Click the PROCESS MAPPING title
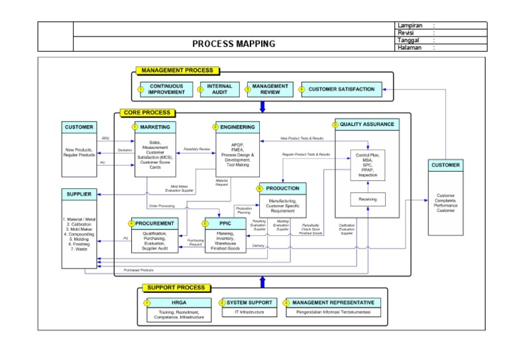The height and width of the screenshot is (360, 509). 233,44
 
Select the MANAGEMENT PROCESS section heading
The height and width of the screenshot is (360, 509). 177,70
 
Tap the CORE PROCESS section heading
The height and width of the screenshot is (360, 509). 147,113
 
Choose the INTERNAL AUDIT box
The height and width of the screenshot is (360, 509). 219,89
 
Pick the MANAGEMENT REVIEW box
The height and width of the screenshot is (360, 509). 270,89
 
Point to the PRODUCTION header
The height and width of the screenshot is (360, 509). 282,188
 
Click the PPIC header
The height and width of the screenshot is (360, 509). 223,223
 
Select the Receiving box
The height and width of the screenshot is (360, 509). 367,199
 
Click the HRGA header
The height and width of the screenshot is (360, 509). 179,302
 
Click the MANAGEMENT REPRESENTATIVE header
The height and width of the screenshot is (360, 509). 333,302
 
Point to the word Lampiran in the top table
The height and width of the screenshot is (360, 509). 410,25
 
